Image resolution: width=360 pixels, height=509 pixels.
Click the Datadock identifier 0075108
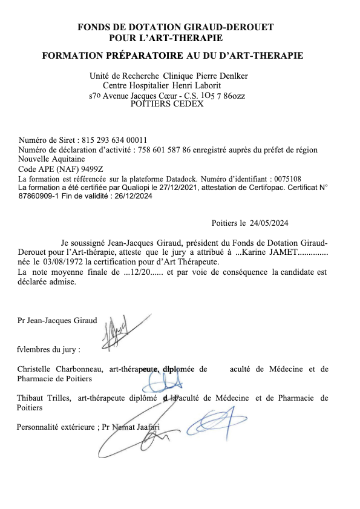pos(282,179)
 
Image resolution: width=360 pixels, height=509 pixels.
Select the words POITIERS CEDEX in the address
pos(168,103)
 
